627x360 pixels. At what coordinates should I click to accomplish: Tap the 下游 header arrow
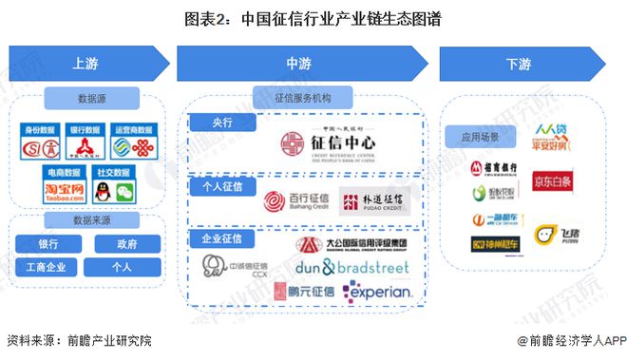518,64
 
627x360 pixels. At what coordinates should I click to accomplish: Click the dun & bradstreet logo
351,269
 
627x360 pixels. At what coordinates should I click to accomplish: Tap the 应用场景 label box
480,137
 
